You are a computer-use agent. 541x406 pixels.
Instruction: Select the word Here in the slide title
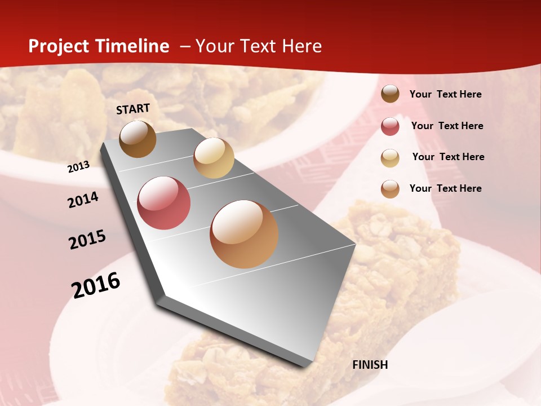tap(301, 46)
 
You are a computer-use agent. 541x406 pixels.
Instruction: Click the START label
tap(133, 109)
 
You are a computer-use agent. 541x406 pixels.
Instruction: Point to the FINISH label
tap(370, 365)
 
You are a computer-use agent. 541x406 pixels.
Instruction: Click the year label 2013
tap(78, 167)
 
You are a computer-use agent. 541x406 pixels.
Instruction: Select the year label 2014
tap(83, 200)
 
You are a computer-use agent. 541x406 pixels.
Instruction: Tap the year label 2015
tap(87, 240)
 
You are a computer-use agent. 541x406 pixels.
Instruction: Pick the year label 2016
tap(96, 285)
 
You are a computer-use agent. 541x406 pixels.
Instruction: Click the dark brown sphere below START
tap(138, 139)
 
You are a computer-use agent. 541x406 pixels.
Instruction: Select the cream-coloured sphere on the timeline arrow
tap(214, 158)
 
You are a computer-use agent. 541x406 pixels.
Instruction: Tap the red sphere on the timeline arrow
tap(164, 203)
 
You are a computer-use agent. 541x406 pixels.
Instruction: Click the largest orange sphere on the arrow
tap(244, 234)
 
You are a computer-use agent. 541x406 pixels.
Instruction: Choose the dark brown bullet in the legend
tap(390, 94)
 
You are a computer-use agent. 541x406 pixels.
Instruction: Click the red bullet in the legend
tap(390, 126)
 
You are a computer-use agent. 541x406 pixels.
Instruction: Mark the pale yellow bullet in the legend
tap(390, 158)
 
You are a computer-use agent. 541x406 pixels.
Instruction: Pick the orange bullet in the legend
tap(390, 189)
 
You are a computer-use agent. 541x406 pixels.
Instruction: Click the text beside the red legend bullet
tap(447, 126)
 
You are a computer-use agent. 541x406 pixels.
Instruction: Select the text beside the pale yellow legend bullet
tap(448, 157)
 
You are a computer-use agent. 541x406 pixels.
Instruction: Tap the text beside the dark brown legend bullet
tap(445, 94)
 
